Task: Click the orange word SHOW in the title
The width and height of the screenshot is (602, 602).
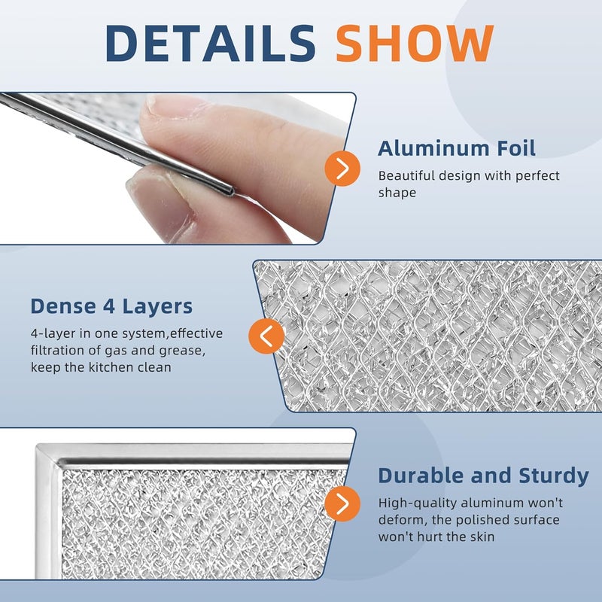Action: [x=415, y=43]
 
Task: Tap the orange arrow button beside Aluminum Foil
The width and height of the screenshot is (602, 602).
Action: [x=342, y=169]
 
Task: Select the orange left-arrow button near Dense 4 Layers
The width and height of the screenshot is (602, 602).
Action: [x=266, y=336]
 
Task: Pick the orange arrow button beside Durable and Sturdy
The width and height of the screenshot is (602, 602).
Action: [x=342, y=503]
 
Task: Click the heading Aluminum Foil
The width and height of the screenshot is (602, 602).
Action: [x=457, y=148]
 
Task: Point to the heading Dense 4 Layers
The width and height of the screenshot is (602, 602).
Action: [x=111, y=306]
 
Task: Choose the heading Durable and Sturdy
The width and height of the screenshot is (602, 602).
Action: [x=483, y=476]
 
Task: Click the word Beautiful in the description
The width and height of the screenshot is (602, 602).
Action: [x=408, y=175]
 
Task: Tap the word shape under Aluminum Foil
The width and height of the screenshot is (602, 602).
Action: [x=397, y=193]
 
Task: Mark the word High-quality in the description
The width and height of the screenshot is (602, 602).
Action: [x=415, y=503]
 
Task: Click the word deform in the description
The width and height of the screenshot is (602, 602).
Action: [x=401, y=520]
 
